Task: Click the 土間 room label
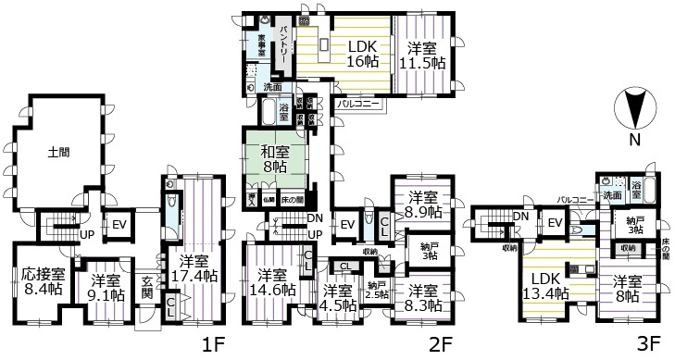pyautogui.click(x=59, y=155)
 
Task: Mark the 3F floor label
pyautogui.click(x=645, y=345)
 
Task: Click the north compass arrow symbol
pyautogui.click(x=634, y=108)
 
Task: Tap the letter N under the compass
pyautogui.click(x=634, y=140)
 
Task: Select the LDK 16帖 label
pyautogui.click(x=362, y=55)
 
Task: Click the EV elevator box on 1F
pyautogui.click(x=119, y=224)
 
